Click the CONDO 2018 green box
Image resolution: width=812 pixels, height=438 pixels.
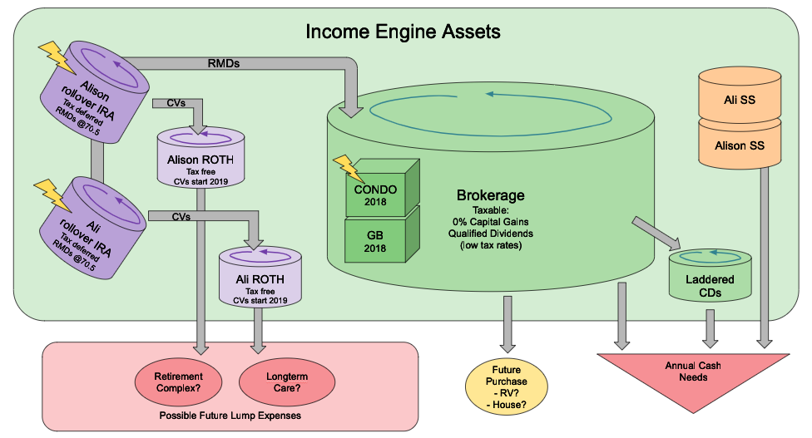(x=376, y=194)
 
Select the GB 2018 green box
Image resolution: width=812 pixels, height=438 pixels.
(x=376, y=239)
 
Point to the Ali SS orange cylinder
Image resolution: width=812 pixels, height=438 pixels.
(x=740, y=100)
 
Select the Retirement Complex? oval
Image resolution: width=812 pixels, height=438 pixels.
(x=177, y=381)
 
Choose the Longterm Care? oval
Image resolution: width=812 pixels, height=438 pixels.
(x=280, y=381)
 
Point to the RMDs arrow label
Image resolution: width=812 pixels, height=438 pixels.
(x=225, y=63)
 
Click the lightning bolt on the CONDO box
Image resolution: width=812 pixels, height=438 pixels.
(x=347, y=169)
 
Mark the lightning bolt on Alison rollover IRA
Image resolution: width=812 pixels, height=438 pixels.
(x=57, y=58)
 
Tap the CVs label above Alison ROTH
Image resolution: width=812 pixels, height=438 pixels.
(x=176, y=103)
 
